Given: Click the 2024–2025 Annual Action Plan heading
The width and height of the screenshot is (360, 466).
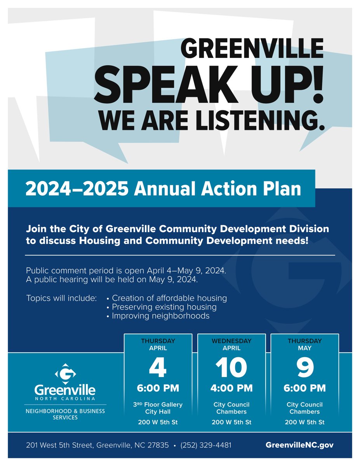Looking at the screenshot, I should coord(163,189).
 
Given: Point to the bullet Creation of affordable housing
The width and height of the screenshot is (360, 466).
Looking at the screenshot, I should coord(169,298).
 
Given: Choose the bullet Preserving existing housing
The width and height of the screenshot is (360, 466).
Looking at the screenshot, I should coord(164,307).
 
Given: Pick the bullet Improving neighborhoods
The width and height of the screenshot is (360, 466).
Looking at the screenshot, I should coord(160,316).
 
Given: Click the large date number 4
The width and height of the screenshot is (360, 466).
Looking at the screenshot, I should coord(158,367).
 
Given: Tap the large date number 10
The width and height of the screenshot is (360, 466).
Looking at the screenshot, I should coord(231,367).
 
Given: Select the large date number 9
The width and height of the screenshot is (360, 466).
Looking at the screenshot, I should coord(305,367).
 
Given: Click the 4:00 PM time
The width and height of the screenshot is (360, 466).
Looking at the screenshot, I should coord(231,388).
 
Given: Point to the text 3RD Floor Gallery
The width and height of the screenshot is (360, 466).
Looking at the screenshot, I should coord(158,405).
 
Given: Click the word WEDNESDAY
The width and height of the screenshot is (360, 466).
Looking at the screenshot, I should coord(231,341).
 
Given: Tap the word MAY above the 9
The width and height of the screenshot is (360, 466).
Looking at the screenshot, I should coord(305,348).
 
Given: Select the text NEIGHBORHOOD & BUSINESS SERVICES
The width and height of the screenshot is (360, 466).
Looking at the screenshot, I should coord(64,414).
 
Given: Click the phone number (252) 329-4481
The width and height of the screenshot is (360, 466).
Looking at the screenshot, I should coord(206,445).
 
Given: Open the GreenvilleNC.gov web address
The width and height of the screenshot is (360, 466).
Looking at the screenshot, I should coord(299,445).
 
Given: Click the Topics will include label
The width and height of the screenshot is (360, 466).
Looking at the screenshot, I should coord(61,298).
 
